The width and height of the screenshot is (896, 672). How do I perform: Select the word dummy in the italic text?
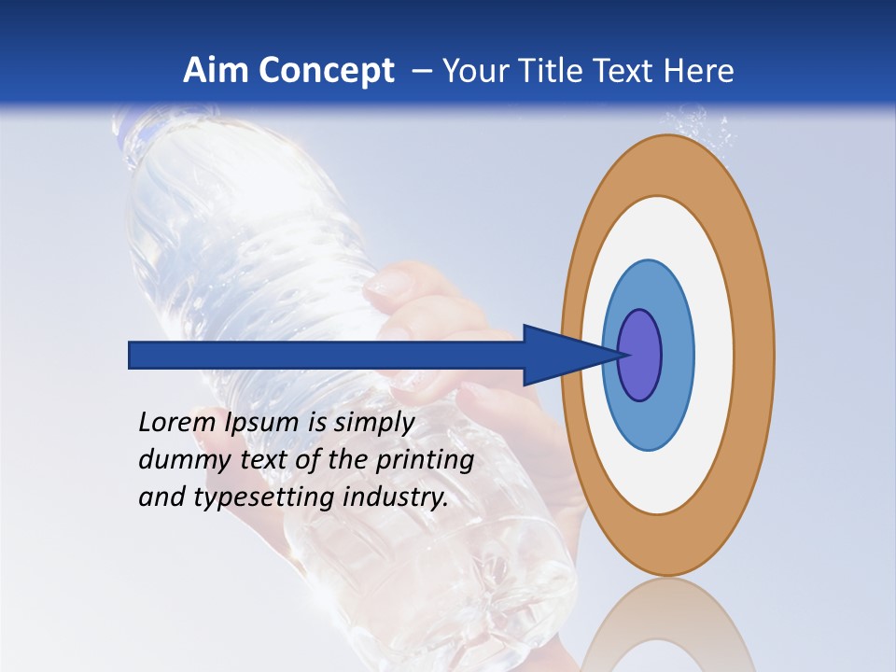coord(179,460)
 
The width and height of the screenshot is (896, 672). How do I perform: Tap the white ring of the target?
coord(713,355)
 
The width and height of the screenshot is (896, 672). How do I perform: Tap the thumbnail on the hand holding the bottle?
coord(384,284)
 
